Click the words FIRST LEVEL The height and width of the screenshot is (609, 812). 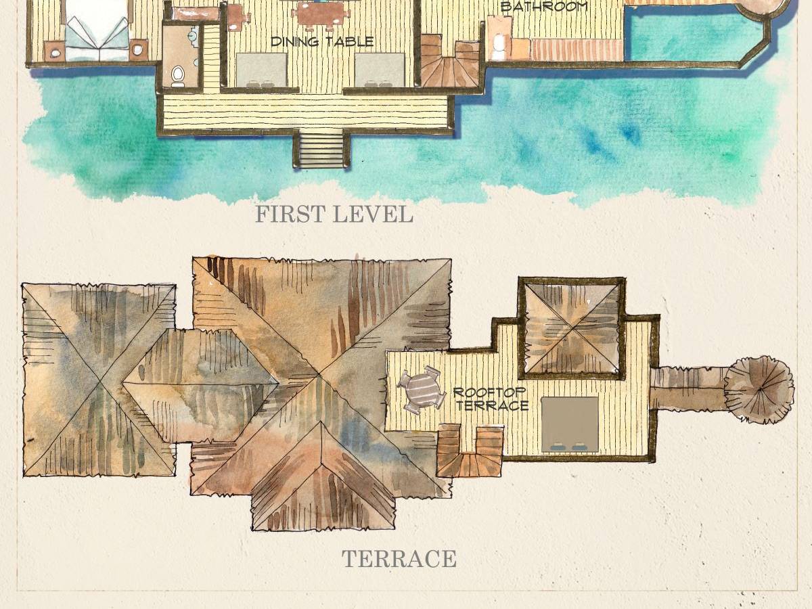334,215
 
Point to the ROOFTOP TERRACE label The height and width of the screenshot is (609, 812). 491,399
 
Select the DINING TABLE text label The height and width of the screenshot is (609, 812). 322,41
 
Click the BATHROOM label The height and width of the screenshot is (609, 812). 544,7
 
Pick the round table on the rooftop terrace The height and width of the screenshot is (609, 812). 421,390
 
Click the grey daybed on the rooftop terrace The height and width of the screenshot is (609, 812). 570,425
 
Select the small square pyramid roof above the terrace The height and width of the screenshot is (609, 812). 572,328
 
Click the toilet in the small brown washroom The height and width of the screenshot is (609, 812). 178,76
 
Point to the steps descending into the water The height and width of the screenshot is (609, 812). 321,149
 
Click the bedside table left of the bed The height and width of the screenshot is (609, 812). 54,51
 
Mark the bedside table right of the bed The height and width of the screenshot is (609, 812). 138,49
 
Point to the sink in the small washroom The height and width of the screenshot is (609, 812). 193,37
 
